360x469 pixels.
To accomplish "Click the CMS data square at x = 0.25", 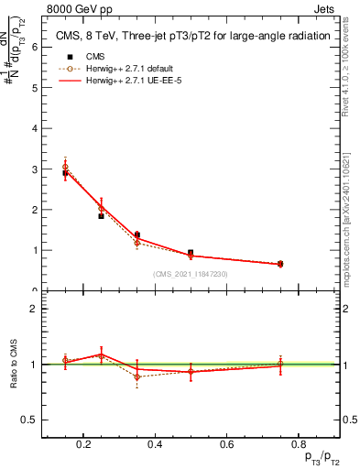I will [x=102, y=215].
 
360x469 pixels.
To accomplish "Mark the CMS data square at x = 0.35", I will [x=137, y=234].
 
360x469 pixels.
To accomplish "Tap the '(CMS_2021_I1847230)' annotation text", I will [x=191, y=274].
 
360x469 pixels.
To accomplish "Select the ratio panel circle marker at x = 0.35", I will [x=137, y=376].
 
